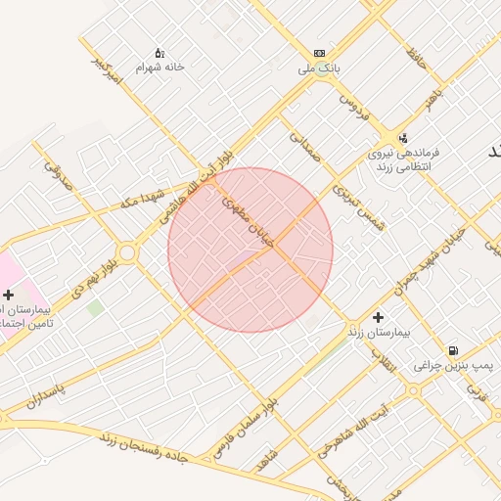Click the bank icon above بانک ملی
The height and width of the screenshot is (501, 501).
pyautogui.click(x=319, y=53)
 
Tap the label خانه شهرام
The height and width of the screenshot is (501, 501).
pyautogui.click(x=159, y=68)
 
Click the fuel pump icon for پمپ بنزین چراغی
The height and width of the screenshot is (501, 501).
pyautogui.click(x=452, y=350)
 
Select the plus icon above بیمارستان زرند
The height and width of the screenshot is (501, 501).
pyautogui.click(x=378, y=316)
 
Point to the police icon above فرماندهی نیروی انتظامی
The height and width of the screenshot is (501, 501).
pyautogui.click(x=403, y=138)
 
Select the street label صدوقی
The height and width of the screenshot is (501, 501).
pyautogui.click(x=59, y=173)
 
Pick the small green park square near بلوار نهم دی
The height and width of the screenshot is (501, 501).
pyautogui.click(x=95, y=307)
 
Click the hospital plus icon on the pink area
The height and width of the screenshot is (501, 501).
pyautogui.click(x=8, y=295)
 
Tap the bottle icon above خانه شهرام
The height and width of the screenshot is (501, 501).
pyautogui.click(x=159, y=52)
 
